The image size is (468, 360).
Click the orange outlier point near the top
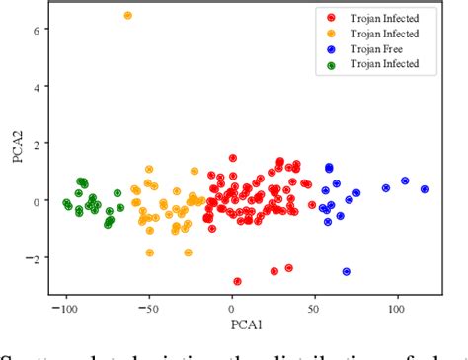tap(128, 16)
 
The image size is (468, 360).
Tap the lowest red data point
tap(237, 282)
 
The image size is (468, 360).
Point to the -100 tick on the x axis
tap(65, 308)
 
